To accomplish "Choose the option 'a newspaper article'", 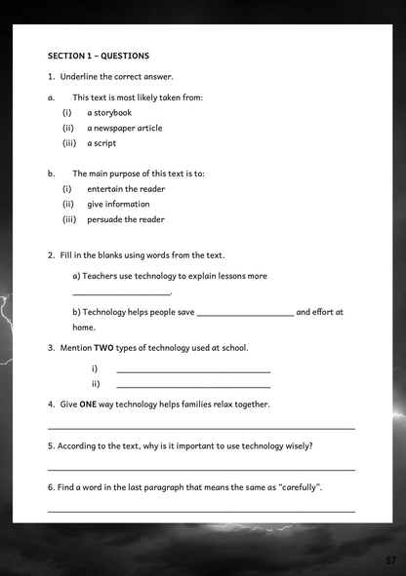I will click(124, 128).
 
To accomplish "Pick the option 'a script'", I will click(101, 143).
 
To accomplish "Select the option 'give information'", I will click(118, 204).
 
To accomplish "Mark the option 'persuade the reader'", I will click(126, 219).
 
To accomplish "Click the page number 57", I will click(390, 560).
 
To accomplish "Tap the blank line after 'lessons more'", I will click(122, 292).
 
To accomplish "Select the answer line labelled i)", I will click(193, 371).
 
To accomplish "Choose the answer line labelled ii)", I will click(193, 387).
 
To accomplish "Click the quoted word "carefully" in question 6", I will click(299, 486).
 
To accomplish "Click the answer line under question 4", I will click(201, 427).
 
